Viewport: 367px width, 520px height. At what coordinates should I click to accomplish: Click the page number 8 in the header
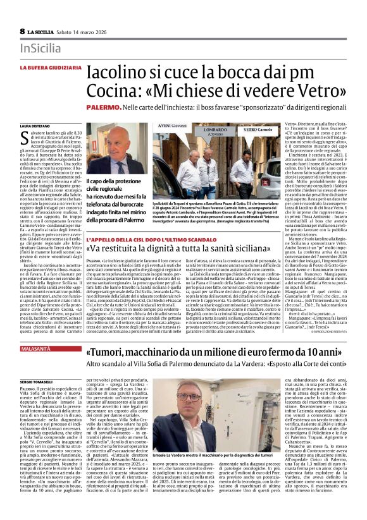coord(22,31)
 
